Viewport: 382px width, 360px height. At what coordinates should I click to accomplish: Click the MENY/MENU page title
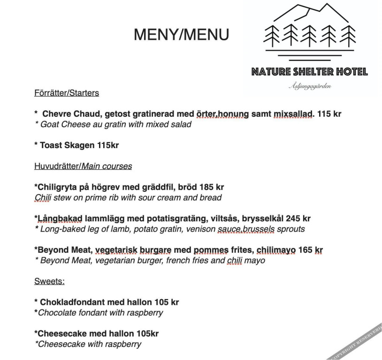coord(182,35)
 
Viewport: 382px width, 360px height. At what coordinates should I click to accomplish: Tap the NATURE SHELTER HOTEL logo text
coord(309,72)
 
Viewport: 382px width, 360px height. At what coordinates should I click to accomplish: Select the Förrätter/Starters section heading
coord(67,93)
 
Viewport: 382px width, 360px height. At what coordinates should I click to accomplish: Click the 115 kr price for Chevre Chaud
coord(329,114)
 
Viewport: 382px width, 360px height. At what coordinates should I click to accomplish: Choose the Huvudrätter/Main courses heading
coord(83,166)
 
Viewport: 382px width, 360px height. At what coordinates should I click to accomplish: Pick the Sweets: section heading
coord(49,282)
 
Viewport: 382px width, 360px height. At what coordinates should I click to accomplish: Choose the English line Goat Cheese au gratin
coord(113,124)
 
